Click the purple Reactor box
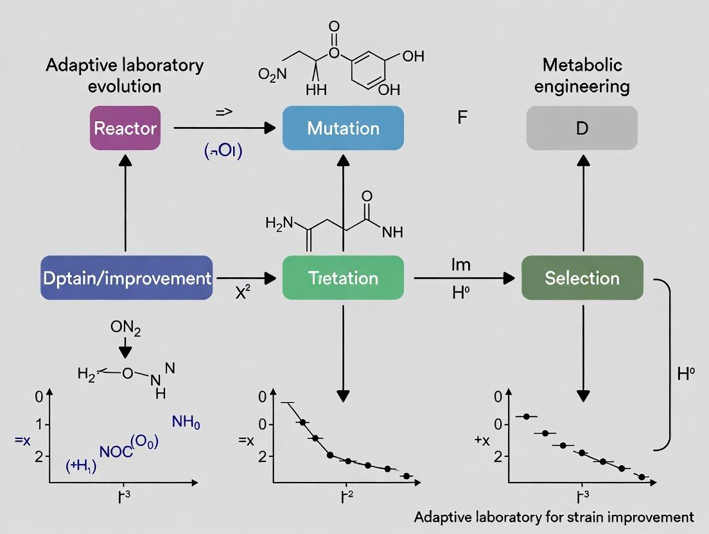tap(125, 128)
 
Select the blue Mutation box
tap(343, 128)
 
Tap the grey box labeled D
tap(582, 128)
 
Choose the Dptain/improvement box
tap(127, 278)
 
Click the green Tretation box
tap(343, 278)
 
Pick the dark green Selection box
tap(582, 278)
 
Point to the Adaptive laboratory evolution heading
tap(125, 75)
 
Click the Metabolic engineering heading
tap(582, 75)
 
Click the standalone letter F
tap(462, 118)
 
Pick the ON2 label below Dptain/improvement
tap(125, 328)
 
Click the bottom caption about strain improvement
tap(554, 517)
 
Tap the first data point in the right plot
tap(527, 417)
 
